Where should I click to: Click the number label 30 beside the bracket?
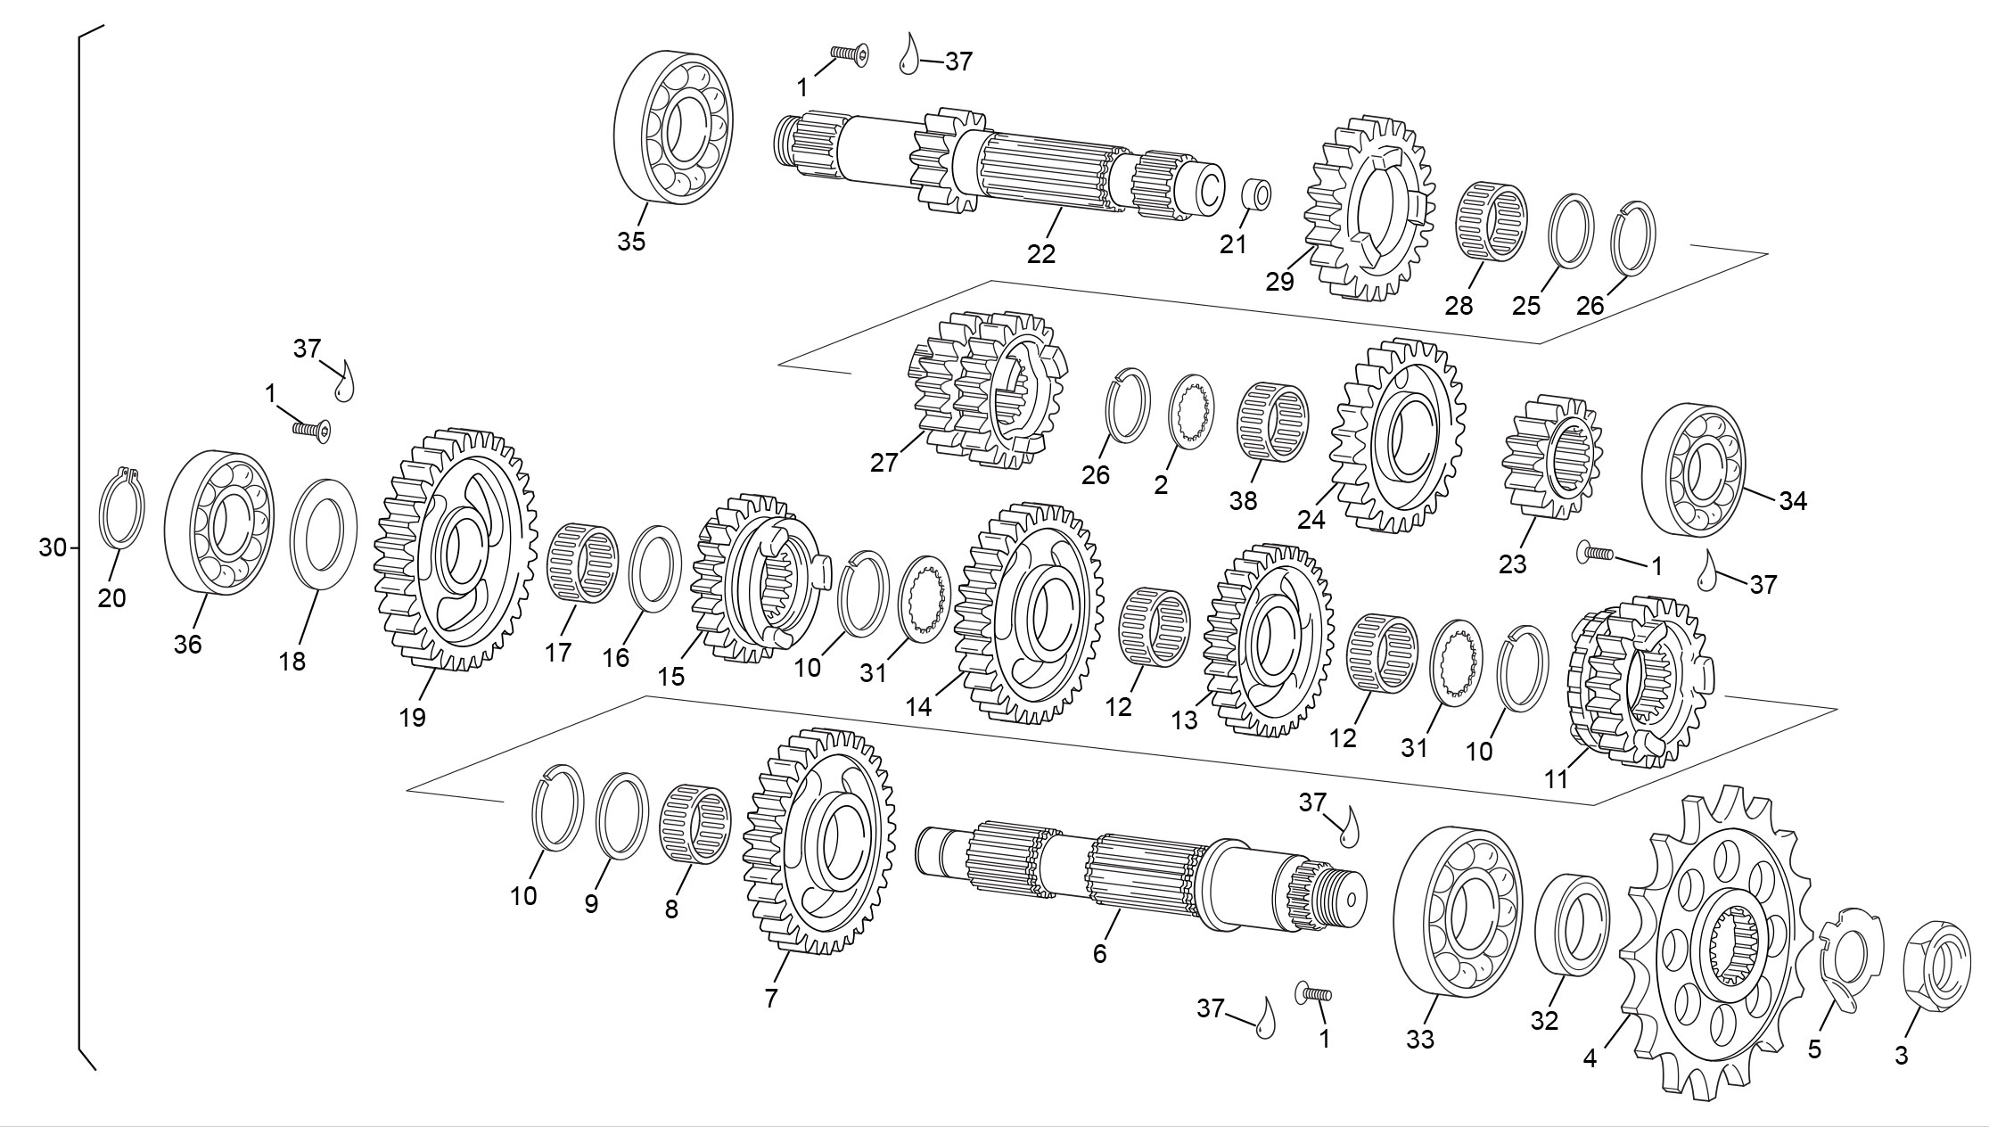pyautogui.click(x=52, y=547)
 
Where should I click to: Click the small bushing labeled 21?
pyautogui.click(x=1257, y=193)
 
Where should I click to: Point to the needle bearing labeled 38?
pyautogui.click(x=1271, y=424)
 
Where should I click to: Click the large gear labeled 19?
pyautogui.click(x=456, y=548)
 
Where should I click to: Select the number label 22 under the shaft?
pyautogui.click(x=1040, y=254)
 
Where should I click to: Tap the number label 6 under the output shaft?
pyautogui.click(x=1099, y=953)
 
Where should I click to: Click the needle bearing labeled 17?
pyautogui.click(x=581, y=563)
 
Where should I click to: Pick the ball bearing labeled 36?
pyautogui.click(x=218, y=521)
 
